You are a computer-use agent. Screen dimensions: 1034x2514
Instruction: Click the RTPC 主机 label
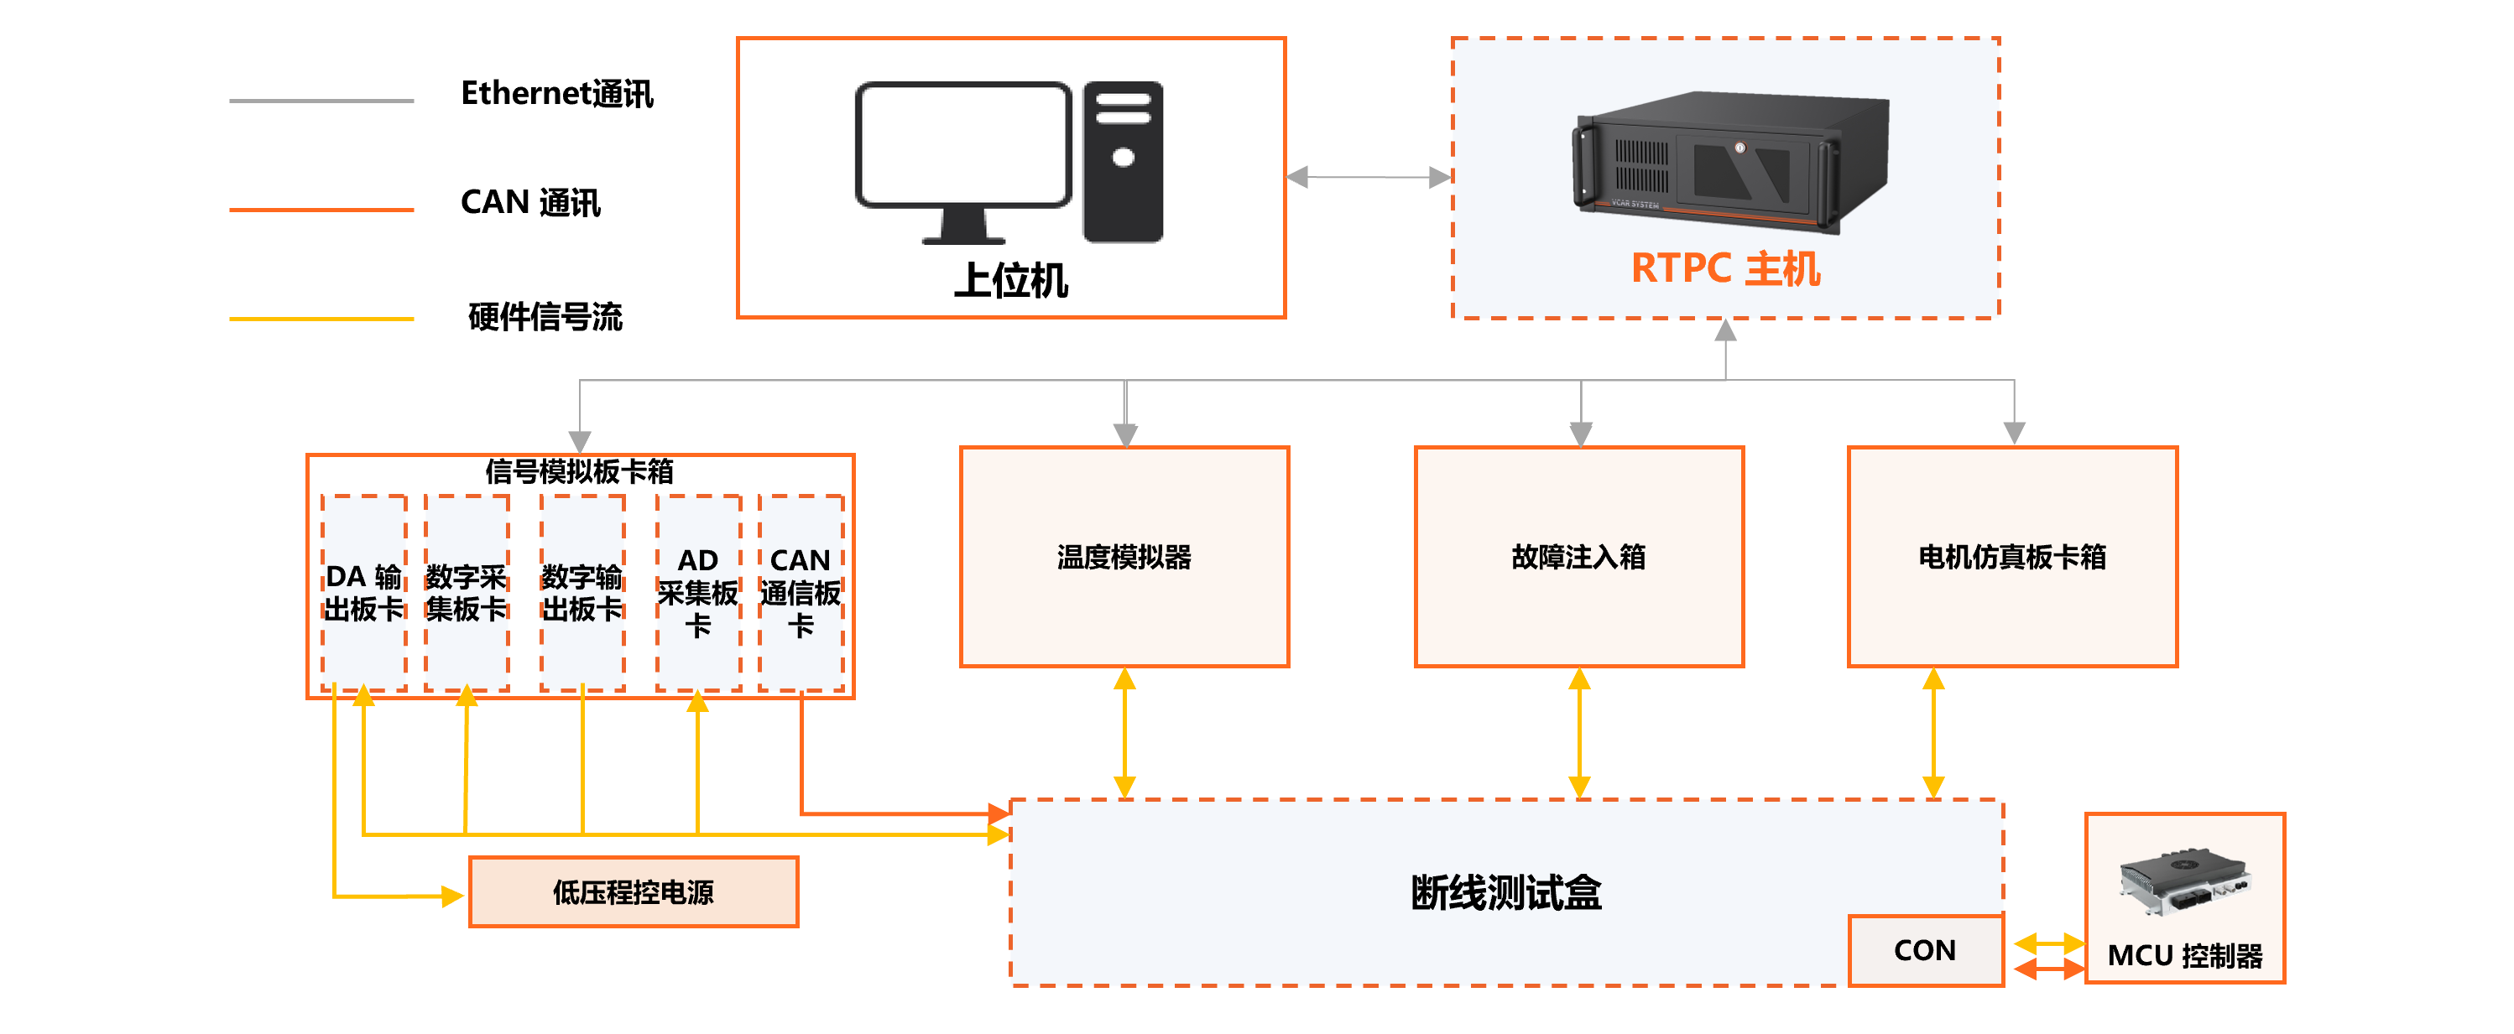point(1725,269)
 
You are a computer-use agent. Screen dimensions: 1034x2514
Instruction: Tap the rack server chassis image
point(1729,160)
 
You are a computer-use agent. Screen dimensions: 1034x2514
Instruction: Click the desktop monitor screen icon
point(963,145)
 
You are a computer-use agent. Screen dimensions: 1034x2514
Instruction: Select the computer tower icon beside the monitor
point(1124,162)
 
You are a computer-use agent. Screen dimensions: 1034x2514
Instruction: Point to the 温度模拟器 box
point(1124,557)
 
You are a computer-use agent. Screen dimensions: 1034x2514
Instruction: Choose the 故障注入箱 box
point(1578,557)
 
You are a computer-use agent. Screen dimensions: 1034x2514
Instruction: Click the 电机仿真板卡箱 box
point(2012,557)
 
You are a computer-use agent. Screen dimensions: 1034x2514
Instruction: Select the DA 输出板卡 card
point(364,592)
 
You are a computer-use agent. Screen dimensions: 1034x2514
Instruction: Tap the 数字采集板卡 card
point(467,592)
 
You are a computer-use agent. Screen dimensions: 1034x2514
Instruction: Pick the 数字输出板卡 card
point(582,592)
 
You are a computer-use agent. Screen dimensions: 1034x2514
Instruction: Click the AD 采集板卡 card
point(698,592)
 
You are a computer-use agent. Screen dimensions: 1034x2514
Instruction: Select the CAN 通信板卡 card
point(801,592)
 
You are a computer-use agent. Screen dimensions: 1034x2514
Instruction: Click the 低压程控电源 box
point(634,891)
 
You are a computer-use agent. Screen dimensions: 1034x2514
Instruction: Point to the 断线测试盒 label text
point(1506,892)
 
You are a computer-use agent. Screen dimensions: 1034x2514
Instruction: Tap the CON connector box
point(1925,950)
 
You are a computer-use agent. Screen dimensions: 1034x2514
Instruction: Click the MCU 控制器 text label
point(2185,956)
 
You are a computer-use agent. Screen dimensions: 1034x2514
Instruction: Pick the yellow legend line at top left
point(321,319)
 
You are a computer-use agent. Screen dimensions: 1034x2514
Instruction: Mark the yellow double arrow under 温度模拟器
point(1124,733)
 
